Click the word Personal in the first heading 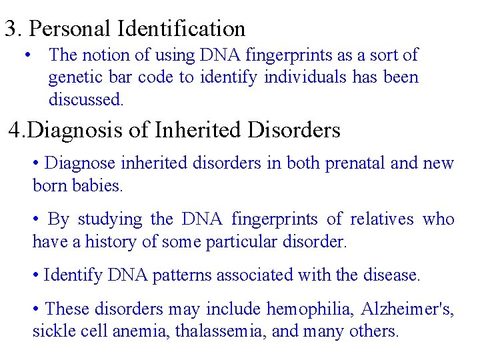pyautogui.click(x=71, y=29)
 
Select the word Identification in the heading pyautogui.click(x=182, y=29)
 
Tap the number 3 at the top pyautogui.click(x=10, y=29)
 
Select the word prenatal pyautogui.click(x=358, y=163)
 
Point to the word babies pyautogui.click(x=98, y=186)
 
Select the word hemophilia pyautogui.click(x=309, y=309)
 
